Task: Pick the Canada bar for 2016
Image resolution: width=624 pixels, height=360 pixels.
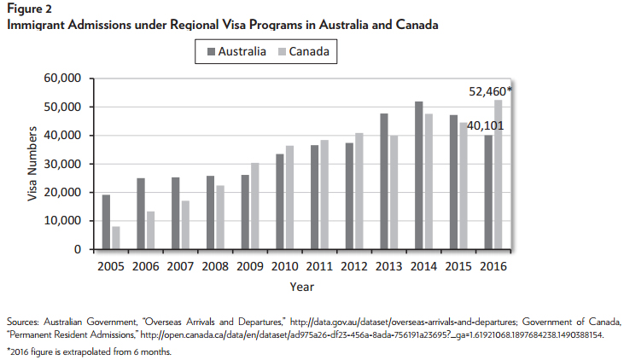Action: pos(498,175)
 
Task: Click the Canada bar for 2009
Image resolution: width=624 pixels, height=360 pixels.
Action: pos(255,206)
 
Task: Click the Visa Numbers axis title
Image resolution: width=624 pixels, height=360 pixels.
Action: pos(32,164)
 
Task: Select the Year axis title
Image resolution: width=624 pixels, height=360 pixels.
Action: pos(301,287)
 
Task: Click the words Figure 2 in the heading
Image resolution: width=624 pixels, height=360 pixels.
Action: pos(27,10)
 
